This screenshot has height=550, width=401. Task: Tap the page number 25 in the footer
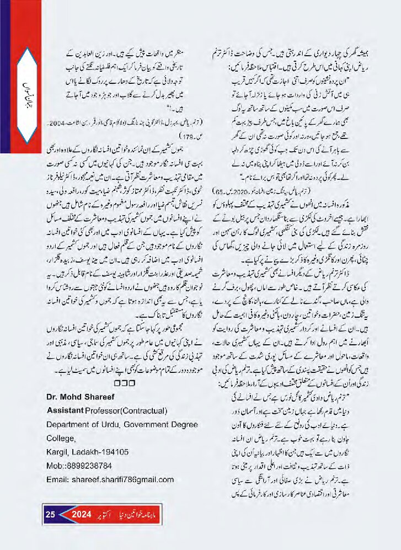coord(50,515)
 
